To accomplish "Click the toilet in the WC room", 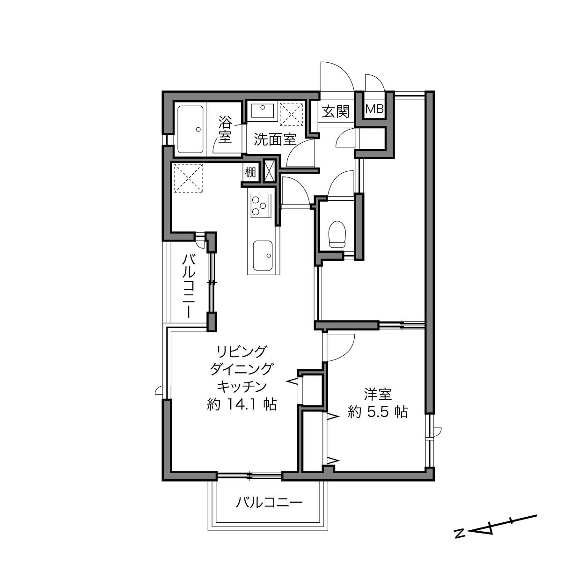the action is point(337,234).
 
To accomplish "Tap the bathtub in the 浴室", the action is point(190,130).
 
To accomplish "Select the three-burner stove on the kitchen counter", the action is point(261,206).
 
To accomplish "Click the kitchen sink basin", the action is point(263,256).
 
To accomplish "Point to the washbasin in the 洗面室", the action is point(263,110).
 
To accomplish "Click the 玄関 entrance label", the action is point(336,111).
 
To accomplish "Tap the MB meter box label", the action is point(374,109).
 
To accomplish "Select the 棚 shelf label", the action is point(250,172).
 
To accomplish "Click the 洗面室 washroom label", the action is point(275,139).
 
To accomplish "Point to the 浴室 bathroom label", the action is point(225,131).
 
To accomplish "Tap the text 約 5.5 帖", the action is point(378,412).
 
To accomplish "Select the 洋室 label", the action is point(378,395).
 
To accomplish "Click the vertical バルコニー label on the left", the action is point(189,286).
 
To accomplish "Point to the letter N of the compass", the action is point(459,542).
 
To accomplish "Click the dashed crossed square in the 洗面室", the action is point(291,114).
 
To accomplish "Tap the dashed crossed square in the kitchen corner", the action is point(189,178).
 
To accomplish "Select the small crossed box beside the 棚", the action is point(269,171).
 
